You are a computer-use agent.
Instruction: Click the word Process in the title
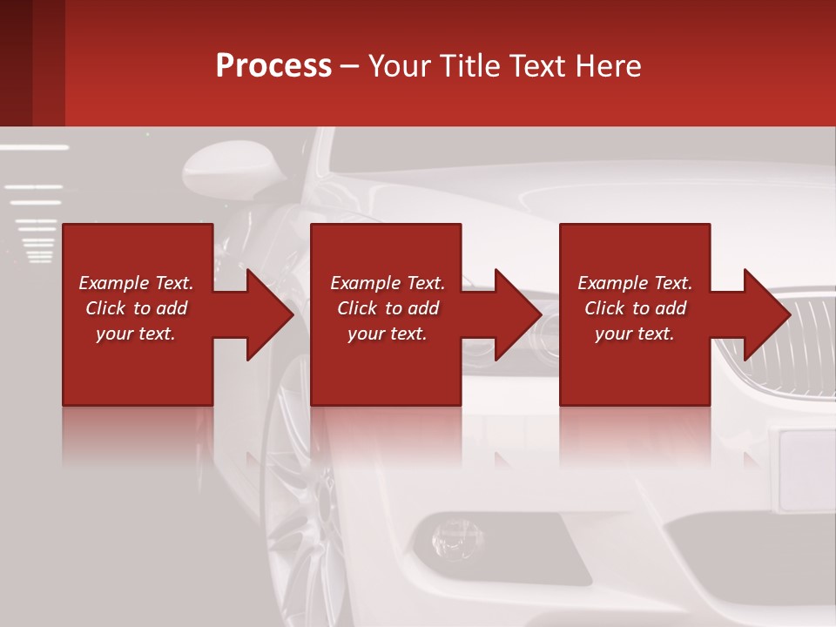pos(273,65)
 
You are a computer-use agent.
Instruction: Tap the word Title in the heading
pos(467,65)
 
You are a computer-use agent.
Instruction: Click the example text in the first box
pos(136,308)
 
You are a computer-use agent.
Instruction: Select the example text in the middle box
pos(387,308)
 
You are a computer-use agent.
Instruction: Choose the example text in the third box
pos(634,308)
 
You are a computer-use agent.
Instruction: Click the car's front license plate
pos(806,470)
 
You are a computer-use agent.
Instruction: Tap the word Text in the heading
pos(539,65)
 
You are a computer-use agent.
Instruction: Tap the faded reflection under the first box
pos(137,435)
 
